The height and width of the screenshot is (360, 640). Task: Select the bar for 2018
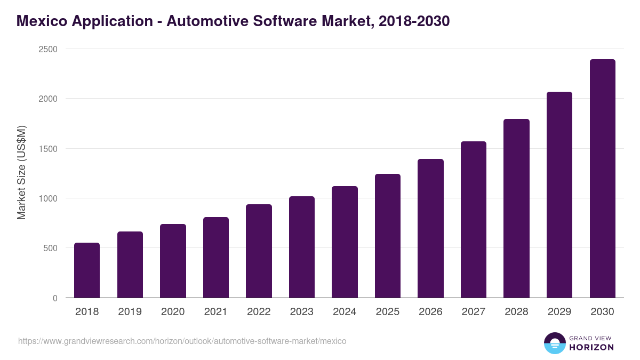click(87, 270)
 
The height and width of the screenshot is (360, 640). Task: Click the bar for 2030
click(603, 179)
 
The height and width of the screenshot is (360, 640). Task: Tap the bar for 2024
click(345, 242)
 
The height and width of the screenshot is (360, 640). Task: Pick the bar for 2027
click(474, 220)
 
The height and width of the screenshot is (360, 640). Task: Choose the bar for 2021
click(216, 258)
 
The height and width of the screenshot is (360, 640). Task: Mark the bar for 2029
click(559, 195)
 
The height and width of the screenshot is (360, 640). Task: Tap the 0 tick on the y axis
click(55, 298)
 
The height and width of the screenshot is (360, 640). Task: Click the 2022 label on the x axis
click(259, 312)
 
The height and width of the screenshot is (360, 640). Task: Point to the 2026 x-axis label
click(430, 312)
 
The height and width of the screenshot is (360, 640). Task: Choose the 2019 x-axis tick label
click(130, 312)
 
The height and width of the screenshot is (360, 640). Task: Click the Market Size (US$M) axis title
click(21, 173)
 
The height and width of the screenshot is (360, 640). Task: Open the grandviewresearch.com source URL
click(182, 341)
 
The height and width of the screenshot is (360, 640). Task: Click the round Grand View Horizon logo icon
click(554, 343)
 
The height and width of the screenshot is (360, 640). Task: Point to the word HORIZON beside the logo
click(591, 347)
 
